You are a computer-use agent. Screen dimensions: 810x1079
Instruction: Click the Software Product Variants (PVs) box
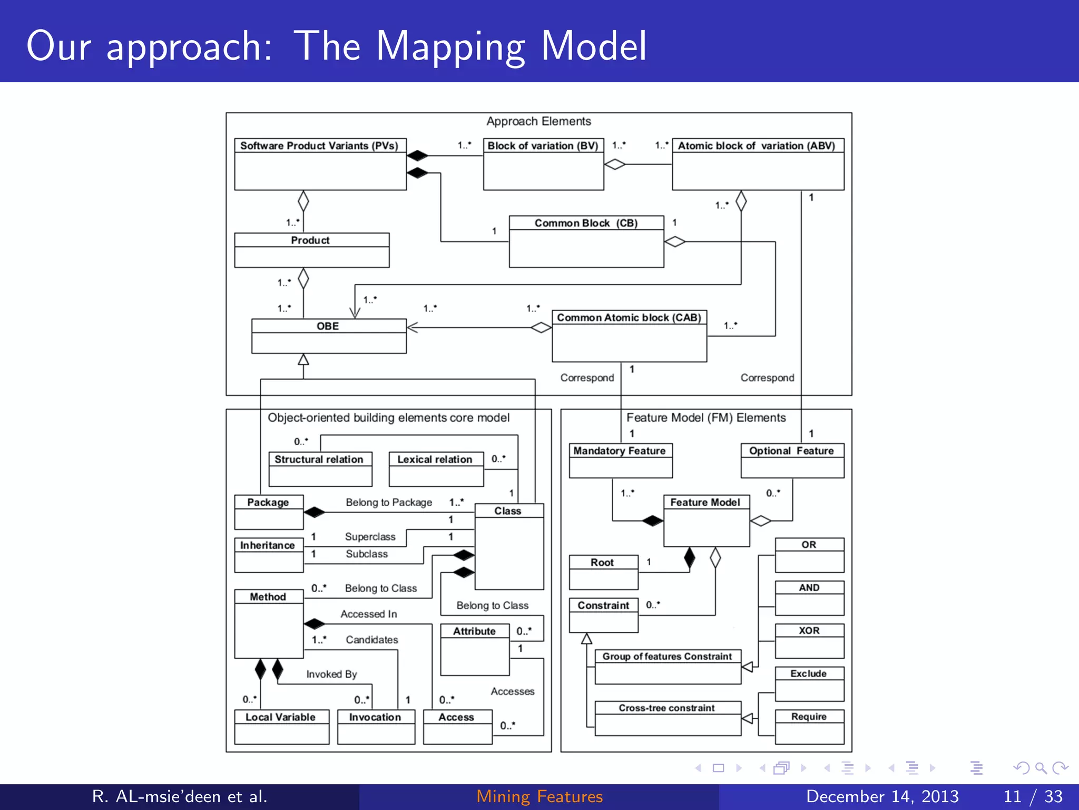point(320,164)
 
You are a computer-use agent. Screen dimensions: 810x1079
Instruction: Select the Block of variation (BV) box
point(543,164)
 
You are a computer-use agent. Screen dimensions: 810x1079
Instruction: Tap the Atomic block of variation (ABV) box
point(758,164)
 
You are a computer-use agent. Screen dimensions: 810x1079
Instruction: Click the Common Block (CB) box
point(586,242)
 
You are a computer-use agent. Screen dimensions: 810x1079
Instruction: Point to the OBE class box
point(329,336)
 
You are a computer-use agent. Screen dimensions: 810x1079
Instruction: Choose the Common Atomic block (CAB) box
point(629,336)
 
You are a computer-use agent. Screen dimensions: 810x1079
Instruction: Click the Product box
point(311,250)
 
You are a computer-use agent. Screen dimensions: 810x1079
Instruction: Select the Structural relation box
point(320,469)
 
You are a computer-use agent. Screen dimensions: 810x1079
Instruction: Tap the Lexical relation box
point(436,469)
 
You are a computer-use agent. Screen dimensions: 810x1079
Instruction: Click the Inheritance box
point(268,555)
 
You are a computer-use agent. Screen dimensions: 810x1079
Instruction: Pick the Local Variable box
point(281,727)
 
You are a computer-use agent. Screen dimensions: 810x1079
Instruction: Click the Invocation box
point(376,727)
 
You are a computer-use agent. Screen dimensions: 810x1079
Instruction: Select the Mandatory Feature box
point(620,460)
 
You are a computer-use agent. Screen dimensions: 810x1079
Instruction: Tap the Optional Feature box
point(792,460)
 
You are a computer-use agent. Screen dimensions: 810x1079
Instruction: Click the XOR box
point(809,641)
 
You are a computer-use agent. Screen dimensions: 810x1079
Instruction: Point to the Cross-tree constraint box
point(668,718)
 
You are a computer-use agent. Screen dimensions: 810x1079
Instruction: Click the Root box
point(603,572)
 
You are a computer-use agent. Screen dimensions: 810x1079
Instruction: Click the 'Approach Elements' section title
point(538,121)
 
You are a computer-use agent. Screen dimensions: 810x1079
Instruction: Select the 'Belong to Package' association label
point(389,503)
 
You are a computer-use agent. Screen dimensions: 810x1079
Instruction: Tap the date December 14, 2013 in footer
point(882,796)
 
